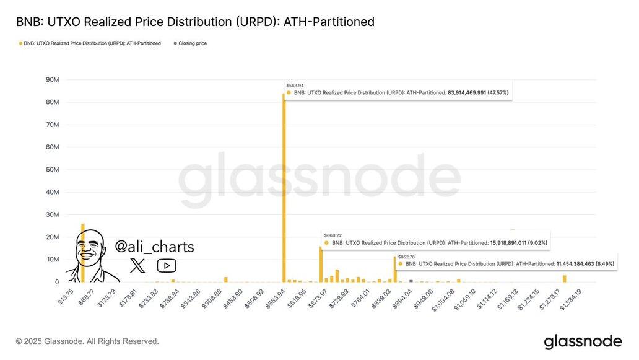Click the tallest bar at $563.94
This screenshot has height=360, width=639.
pyautogui.click(x=284, y=186)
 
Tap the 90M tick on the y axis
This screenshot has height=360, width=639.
pyautogui.click(x=52, y=80)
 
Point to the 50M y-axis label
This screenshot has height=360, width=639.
pyautogui.click(x=52, y=170)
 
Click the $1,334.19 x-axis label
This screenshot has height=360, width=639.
pyautogui.click(x=571, y=299)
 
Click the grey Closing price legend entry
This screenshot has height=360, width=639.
pyautogui.click(x=192, y=43)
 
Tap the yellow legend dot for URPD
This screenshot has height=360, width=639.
pyautogui.click(x=20, y=43)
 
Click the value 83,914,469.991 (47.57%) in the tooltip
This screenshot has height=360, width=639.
pyautogui.click(x=478, y=93)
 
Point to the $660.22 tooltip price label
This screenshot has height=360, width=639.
pyautogui.click(x=332, y=235)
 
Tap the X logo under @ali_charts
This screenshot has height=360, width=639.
pyautogui.click(x=137, y=266)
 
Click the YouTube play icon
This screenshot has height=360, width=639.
pyautogui.click(x=167, y=266)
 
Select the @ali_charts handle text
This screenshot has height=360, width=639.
pyautogui.click(x=154, y=247)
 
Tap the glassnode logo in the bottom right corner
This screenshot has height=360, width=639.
pyautogui.click(x=583, y=341)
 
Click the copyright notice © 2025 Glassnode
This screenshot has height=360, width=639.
pyautogui.click(x=87, y=341)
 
